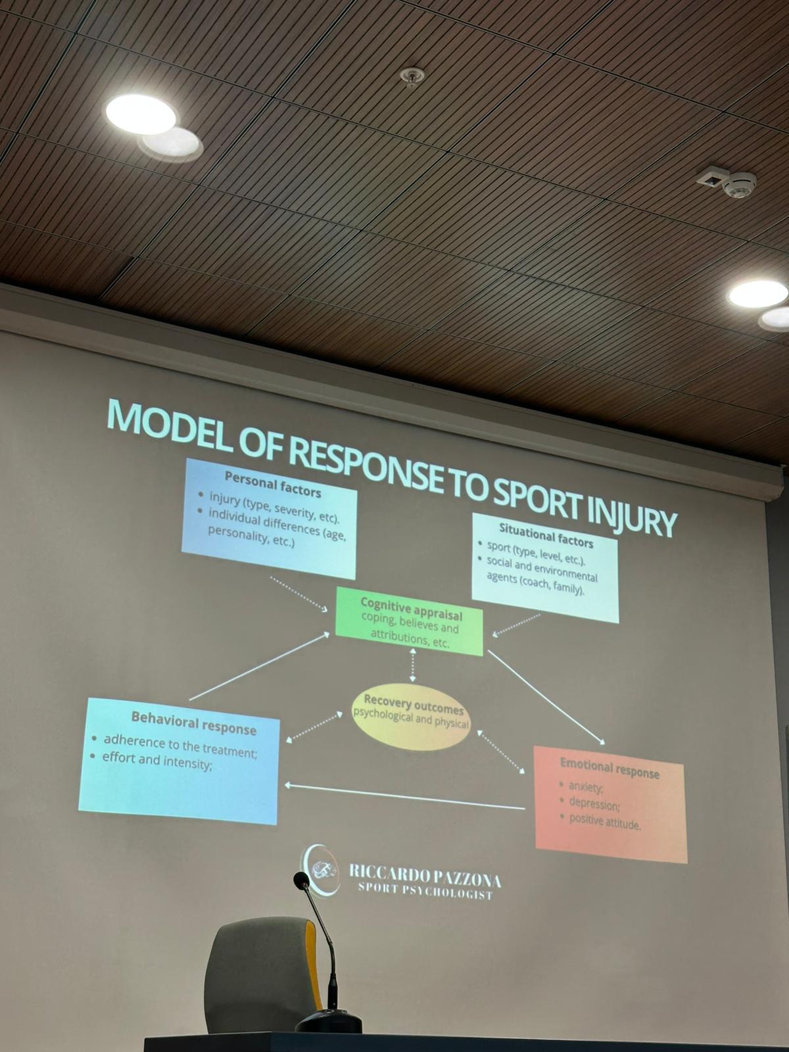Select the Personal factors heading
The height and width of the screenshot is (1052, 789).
(x=273, y=484)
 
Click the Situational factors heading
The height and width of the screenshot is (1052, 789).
(x=546, y=535)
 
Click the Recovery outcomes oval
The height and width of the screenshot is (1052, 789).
(x=411, y=717)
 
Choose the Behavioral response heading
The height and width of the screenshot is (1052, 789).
(x=193, y=723)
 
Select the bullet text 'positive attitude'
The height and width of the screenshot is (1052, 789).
(x=604, y=823)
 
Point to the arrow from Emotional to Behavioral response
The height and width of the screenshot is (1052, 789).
(x=405, y=796)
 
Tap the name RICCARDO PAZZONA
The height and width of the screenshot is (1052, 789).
(x=425, y=880)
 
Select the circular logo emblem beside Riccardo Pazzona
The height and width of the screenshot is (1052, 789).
(x=320, y=871)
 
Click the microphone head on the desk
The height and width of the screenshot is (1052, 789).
(x=302, y=879)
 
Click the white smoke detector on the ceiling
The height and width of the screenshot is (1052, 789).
(x=739, y=184)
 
